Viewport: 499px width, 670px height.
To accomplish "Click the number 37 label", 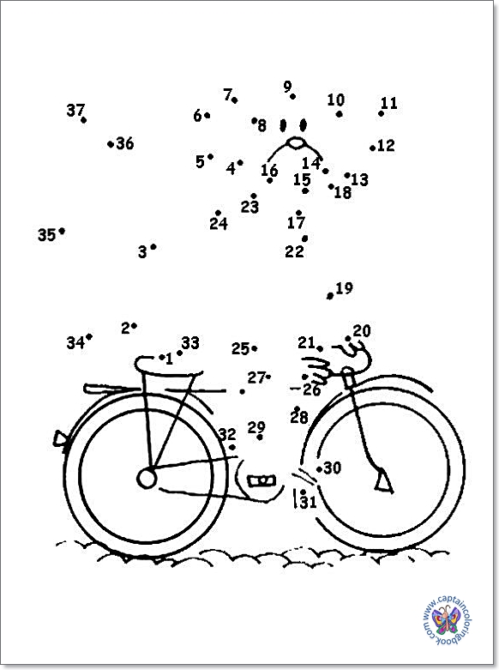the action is (x=75, y=111).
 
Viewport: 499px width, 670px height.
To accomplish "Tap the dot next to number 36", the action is (x=111, y=144).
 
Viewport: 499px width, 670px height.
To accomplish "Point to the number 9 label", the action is (x=287, y=87).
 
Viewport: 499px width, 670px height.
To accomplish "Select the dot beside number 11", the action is (x=381, y=113).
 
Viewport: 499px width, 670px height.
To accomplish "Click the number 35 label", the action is (x=46, y=235).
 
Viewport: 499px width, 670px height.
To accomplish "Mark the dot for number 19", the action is (x=329, y=296).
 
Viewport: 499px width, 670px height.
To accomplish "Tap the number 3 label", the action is (x=142, y=251).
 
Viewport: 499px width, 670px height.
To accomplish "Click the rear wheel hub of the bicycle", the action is (x=147, y=478).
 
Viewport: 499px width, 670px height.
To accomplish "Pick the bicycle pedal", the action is (x=262, y=480).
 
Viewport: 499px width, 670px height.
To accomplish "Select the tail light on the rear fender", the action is (x=60, y=439).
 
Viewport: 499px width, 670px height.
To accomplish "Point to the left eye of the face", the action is (x=282, y=125).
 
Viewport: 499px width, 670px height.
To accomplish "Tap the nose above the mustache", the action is (x=296, y=143).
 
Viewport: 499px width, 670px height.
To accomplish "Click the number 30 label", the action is (x=333, y=468).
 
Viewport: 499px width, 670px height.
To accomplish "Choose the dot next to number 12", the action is (x=373, y=148).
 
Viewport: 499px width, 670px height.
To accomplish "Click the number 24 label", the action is (x=219, y=223).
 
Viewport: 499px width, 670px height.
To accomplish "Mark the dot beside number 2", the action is (x=134, y=326).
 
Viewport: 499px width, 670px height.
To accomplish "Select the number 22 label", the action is (x=294, y=251).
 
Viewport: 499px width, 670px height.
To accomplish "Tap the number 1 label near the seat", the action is (x=169, y=359).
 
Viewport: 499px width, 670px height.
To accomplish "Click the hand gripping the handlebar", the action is (x=317, y=370).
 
